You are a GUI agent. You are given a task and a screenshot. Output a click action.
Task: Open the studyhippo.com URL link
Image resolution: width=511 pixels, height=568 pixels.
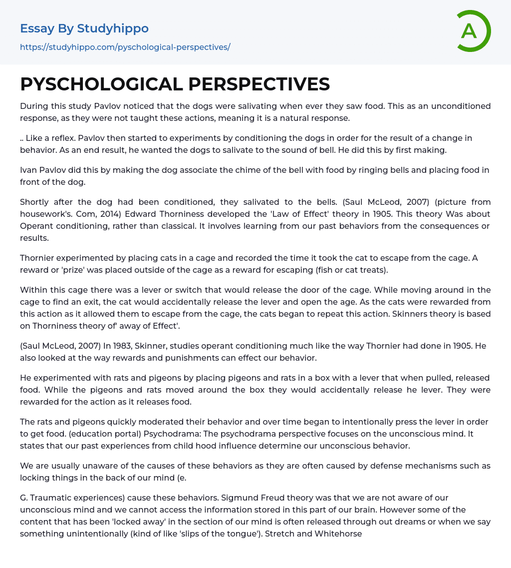(125, 47)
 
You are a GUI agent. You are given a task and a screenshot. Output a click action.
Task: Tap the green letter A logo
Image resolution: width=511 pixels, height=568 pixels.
(471, 31)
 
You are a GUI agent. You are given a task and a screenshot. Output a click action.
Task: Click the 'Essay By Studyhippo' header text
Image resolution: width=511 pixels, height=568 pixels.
(84, 28)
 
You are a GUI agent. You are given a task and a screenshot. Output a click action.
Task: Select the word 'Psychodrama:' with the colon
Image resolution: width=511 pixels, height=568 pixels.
(167, 434)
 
